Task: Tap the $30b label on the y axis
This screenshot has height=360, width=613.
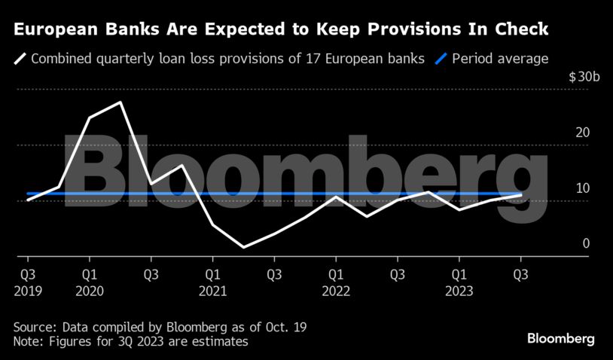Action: [584, 77]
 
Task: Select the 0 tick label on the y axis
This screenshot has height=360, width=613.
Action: [586, 244]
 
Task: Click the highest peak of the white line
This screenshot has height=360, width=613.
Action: [120, 102]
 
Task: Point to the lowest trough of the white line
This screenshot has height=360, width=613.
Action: [243, 247]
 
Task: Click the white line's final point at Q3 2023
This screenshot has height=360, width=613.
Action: [521, 195]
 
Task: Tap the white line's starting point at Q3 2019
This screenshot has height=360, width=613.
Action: [28, 200]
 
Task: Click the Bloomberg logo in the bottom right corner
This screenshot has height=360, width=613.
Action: [561, 338]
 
